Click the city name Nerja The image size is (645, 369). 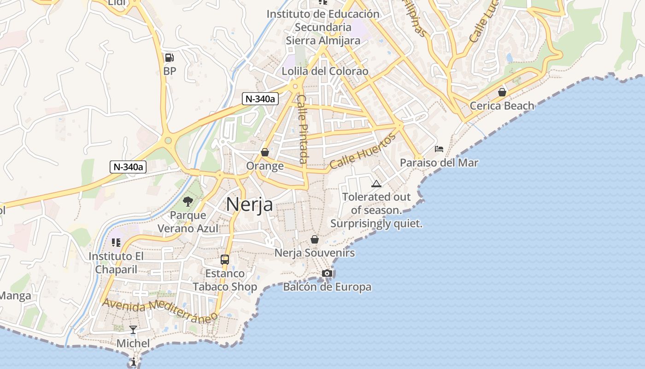click(x=249, y=204)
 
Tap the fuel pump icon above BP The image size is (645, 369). click(x=170, y=58)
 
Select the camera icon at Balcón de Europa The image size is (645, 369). click(x=327, y=273)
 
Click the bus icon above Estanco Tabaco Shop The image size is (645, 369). click(x=225, y=259)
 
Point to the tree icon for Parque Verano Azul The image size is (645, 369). click(x=188, y=201)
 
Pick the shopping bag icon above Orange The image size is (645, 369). click(x=265, y=152)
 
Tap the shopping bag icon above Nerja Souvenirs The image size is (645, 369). click(x=315, y=239)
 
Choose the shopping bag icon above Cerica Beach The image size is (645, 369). click(x=502, y=92)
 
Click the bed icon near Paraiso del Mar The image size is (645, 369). click(x=439, y=149)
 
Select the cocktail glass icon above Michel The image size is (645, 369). click(x=133, y=329)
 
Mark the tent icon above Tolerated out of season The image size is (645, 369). click(x=376, y=184)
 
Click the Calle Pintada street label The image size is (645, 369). click(x=302, y=129)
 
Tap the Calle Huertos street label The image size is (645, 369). click(x=363, y=151)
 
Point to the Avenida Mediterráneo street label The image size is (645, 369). click(x=160, y=311)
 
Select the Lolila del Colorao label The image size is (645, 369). click(x=325, y=71)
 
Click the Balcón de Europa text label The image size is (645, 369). click(x=327, y=287)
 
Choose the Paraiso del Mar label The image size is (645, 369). click(x=439, y=163)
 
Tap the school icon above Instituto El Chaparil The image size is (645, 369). click(x=116, y=242)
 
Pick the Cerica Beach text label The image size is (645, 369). click(x=502, y=106)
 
